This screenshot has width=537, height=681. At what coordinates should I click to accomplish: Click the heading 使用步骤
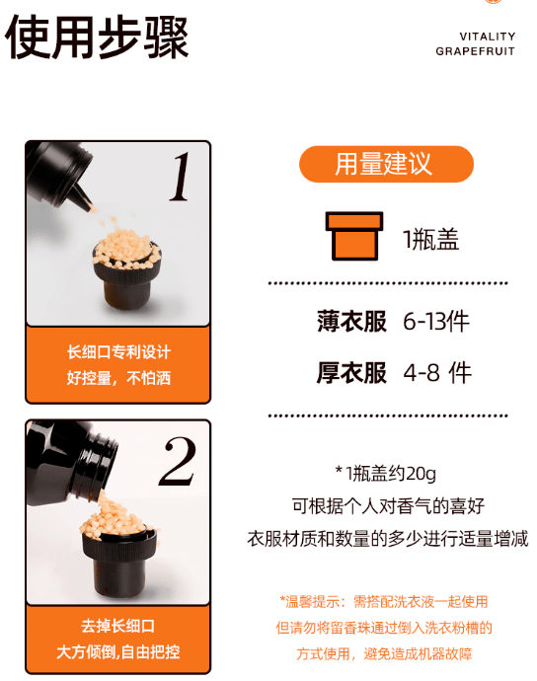coord(97,37)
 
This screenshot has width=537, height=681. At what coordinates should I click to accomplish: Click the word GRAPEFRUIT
coord(475,51)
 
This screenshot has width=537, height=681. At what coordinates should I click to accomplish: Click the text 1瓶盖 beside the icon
coord(430,239)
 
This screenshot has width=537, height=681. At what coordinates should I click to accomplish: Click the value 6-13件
coord(435,321)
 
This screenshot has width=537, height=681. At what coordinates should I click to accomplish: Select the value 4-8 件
coord(437,372)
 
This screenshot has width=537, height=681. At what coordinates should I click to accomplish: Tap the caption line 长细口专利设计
coord(118,352)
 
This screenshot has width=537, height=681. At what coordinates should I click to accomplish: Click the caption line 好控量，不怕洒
coord(118,378)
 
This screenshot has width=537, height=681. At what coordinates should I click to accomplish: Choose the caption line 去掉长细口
coord(118,626)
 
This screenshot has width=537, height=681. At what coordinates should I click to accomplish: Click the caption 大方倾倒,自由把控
coord(118,651)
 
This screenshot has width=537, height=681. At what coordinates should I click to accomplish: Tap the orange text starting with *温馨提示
coord(384,600)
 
